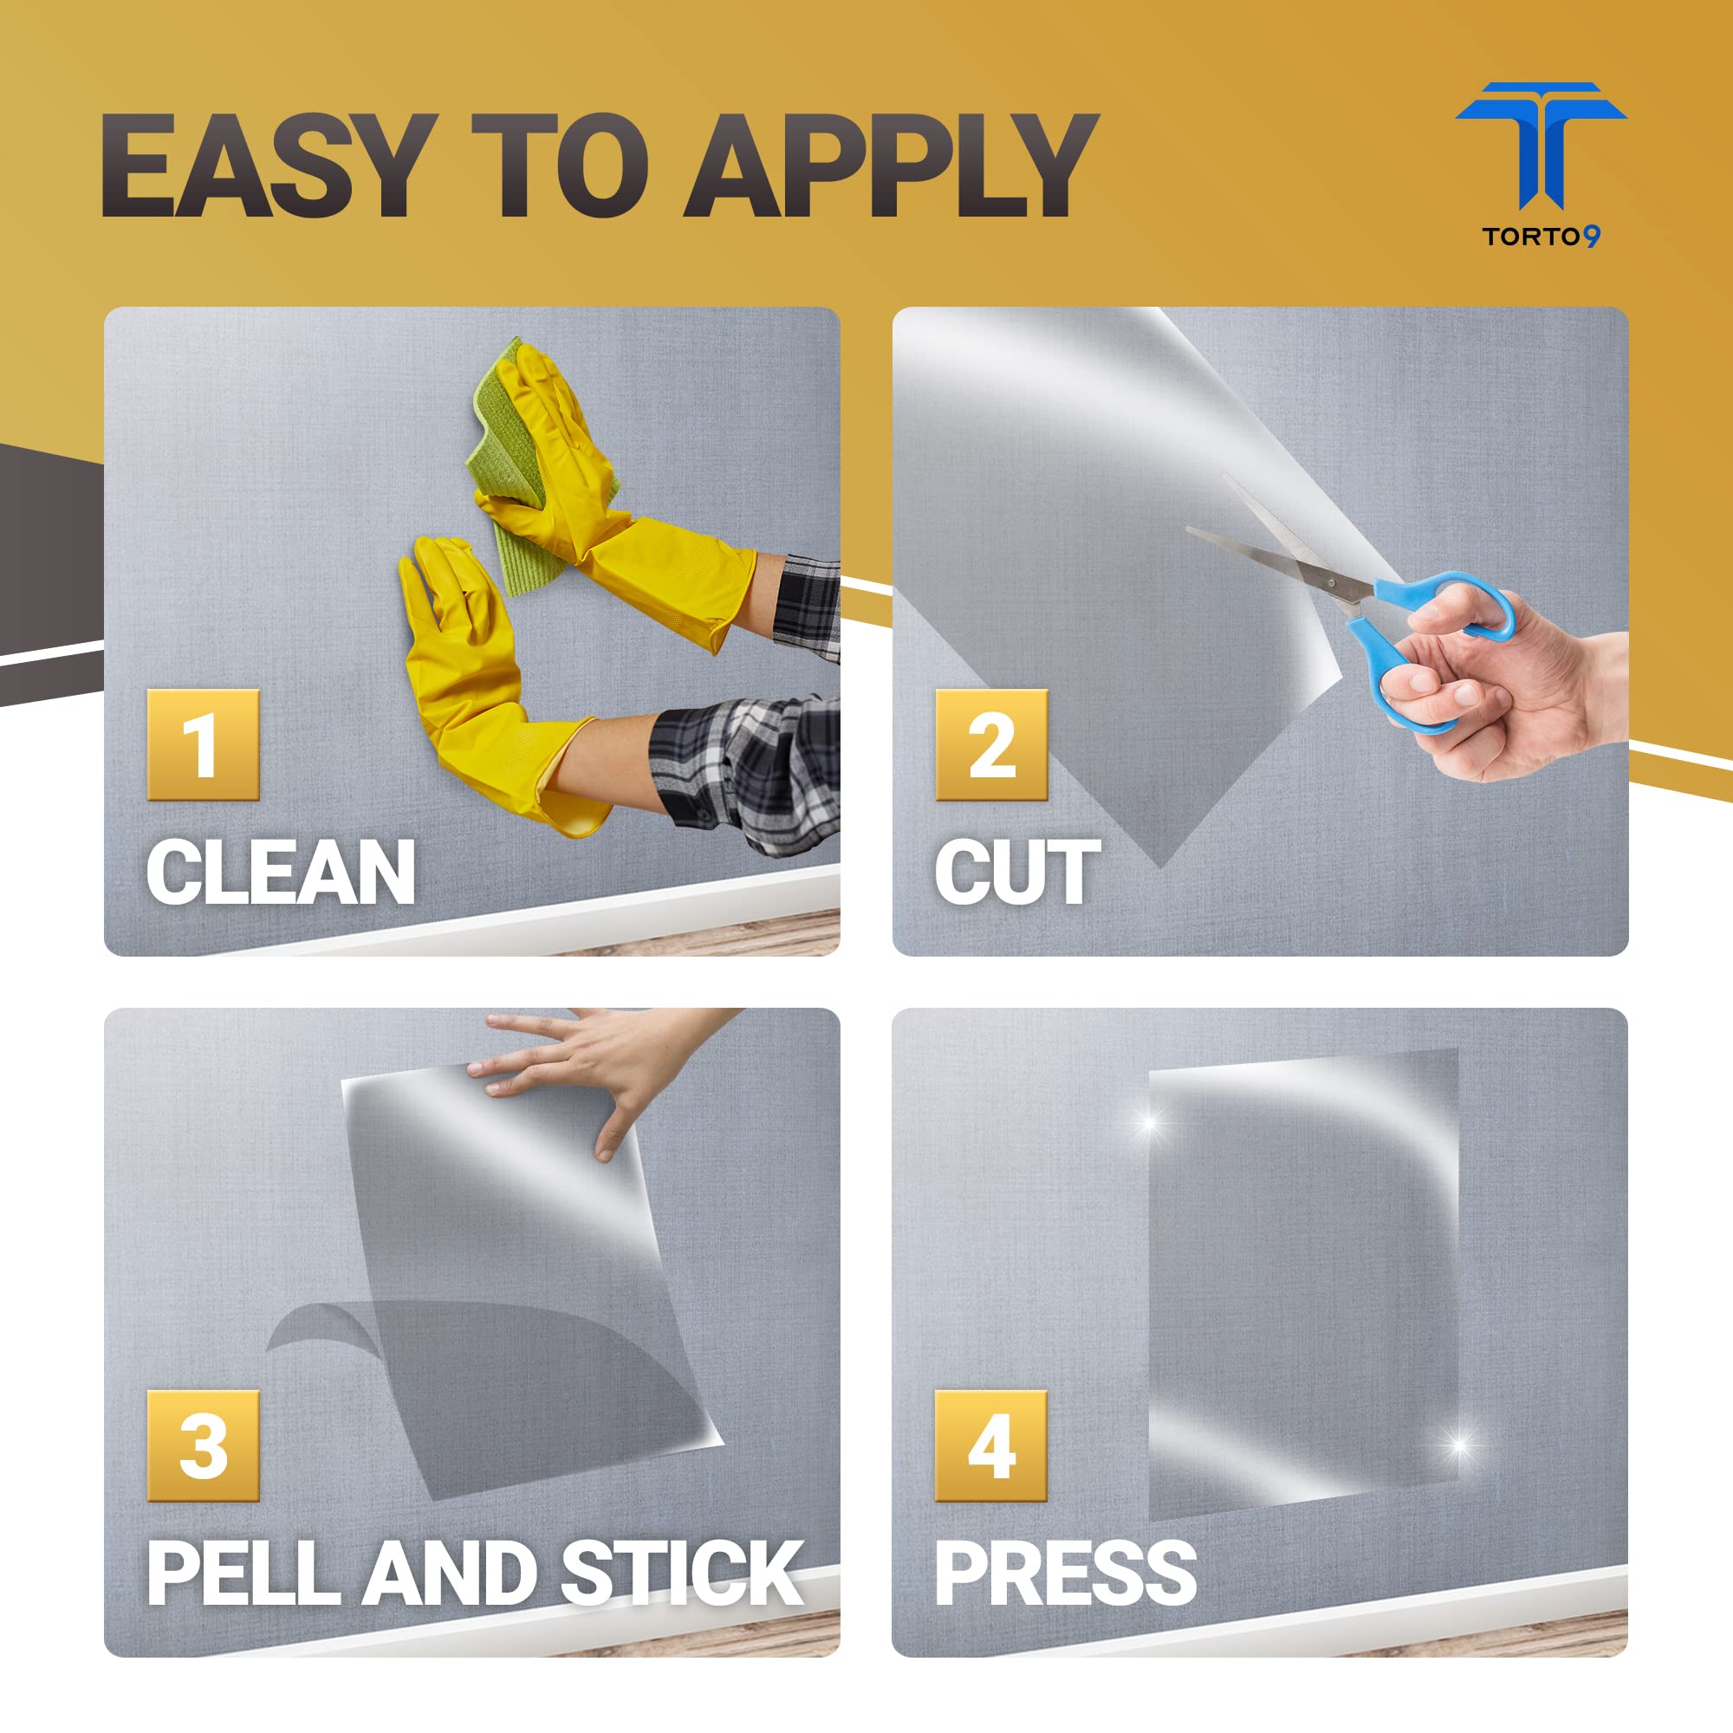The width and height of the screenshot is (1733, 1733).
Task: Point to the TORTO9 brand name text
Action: pyautogui.click(x=1541, y=236)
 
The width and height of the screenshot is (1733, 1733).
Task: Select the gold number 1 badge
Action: pyautogui.click(x=203, y=744)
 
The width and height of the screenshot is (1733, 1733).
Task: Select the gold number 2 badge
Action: pyautogui.click(x=991, y=744)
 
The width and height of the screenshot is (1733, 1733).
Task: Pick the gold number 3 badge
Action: pyautogui.click(x=203, y=1445)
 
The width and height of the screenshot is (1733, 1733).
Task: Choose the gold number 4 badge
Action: pyautogui.click(x=991, y=1445)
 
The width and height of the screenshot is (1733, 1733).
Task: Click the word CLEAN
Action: pyautogui.click(x=281, y=871)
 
